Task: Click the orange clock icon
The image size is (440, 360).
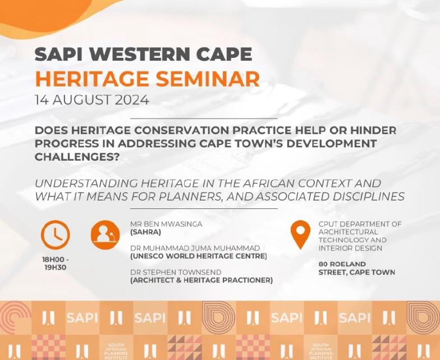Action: (x=55, y=235)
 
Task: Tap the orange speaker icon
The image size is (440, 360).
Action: (x=106, y=235)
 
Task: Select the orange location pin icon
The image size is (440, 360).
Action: (x=300, y=235)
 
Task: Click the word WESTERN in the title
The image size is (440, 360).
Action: (x=140, y=54)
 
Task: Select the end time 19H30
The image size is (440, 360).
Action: (x=56, y=267)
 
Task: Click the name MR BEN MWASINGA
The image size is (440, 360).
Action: (x=166, y=224)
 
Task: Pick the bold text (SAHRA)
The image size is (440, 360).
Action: (x=146, y=233)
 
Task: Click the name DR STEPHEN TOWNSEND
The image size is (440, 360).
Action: (x=176, y=272)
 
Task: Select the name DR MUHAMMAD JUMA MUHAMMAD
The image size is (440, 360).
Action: (x=195, y=248)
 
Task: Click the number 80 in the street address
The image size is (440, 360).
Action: (x=323, y=264)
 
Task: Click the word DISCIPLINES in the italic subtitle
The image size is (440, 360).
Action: (x=368, y=197)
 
